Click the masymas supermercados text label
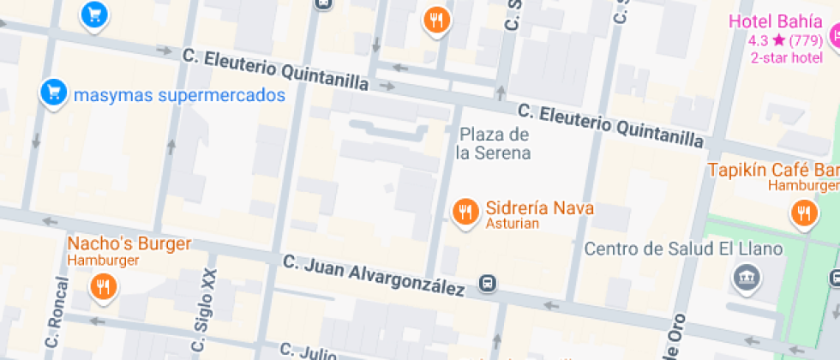178,94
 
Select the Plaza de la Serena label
493,144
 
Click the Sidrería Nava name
539,208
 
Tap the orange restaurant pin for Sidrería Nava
465,210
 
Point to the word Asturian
512,225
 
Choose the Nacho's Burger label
129,244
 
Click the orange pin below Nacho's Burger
104,287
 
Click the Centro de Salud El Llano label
683,249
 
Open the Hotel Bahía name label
765,21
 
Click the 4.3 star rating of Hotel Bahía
785,40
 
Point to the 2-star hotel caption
786,57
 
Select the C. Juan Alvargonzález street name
374,275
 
